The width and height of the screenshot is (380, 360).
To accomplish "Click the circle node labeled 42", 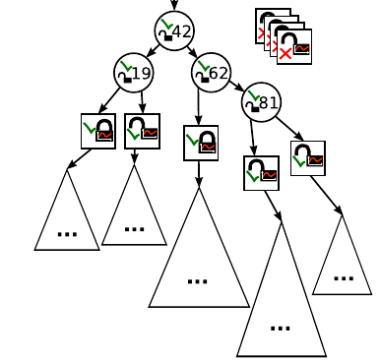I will [x=174, y=31].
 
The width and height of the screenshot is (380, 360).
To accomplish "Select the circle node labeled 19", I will [x=133, y=73].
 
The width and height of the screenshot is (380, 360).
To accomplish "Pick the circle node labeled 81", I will [x=261, y=101].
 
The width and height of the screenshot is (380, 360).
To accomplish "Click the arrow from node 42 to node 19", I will [x=153, y=50].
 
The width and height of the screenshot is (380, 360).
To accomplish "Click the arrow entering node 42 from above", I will [x=174, y=5].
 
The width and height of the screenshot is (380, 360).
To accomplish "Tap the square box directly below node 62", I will [x=201, y=143].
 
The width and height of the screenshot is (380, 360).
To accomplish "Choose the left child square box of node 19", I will [x=98, y=131].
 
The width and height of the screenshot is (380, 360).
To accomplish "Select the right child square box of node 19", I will [x=143, y=131].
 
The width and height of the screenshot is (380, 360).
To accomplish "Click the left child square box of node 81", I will [x=262, y=173].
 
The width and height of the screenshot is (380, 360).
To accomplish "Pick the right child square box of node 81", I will [x=308, y=157].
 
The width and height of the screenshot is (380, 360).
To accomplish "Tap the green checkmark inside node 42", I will [x=165, y=26].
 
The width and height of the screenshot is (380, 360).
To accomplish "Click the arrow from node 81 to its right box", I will [x=288, y=128].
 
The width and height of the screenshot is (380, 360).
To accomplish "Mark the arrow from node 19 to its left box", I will [x=110, y=101].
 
